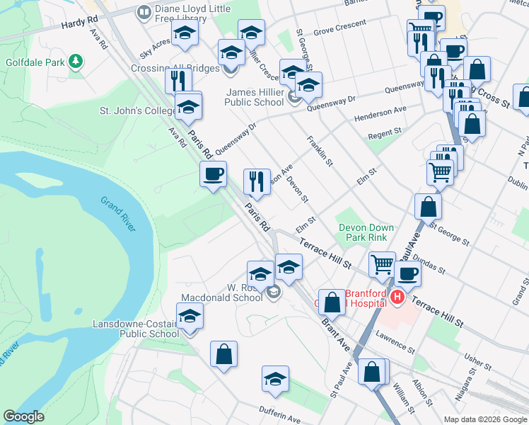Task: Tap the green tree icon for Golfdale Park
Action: tap(75, 62)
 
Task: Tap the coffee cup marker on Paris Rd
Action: tap(213, 174)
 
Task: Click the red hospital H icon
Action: tap(397, 297)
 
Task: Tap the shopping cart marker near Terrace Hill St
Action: tap(382, 264)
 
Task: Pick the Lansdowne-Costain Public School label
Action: tap(136, 329)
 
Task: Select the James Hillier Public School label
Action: tap(255, 97)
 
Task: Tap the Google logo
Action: tap(23, 416)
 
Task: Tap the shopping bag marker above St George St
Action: tap(429, 207)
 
